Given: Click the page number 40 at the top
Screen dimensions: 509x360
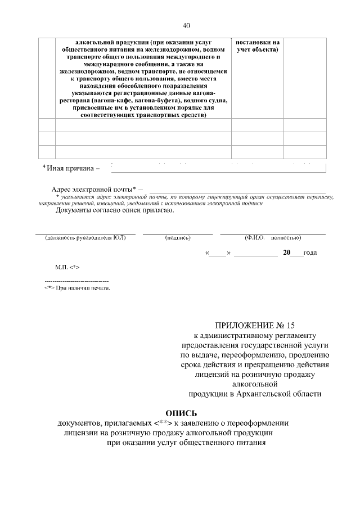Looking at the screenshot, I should [187, 25].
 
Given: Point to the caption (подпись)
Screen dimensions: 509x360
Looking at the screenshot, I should [178, 238].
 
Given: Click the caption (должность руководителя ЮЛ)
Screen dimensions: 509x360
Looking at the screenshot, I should [85, 238].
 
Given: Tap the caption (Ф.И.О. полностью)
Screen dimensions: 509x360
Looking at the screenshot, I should [272, 238].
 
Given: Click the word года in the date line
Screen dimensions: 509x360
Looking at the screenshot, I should [310, 253].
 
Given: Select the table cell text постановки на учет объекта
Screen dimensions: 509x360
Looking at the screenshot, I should [257, 46].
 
